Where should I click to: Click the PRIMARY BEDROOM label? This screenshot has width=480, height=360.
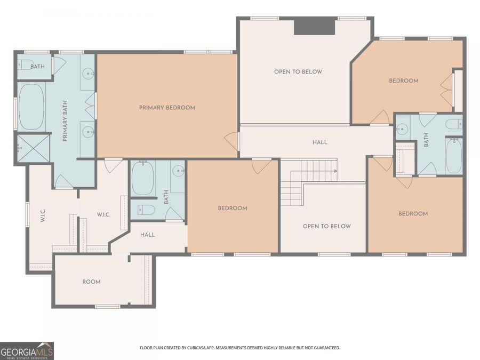167,108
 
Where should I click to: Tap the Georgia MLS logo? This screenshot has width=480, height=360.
27,351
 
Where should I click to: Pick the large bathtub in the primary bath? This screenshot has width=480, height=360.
32,107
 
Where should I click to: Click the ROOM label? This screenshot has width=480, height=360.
91,282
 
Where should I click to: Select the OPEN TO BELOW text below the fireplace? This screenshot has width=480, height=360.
298,72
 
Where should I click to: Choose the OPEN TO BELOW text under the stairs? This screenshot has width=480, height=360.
326,226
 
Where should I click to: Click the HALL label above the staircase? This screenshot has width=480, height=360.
320,142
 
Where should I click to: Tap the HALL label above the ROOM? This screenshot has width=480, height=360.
148,235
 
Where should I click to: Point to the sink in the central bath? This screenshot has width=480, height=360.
178,171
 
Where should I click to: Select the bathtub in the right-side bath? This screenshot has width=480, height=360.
454,156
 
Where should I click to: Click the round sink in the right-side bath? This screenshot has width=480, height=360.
402,128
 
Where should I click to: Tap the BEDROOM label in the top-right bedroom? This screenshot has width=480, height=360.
403,81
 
